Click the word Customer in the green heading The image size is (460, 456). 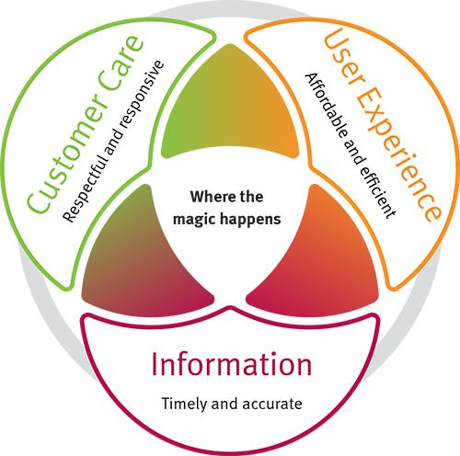click(68, 154)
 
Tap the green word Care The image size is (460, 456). click(122, 63)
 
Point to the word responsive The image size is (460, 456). click(142, 94)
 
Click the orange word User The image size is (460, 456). click(344, 56)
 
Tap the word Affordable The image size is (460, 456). click(327, 106)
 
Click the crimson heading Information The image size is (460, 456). click(232, 364)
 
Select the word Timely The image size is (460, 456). click(184, 405)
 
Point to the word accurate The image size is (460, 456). click(272, 405)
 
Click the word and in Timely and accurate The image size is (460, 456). click(224, 404)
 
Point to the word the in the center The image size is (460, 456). click(251, 197)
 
